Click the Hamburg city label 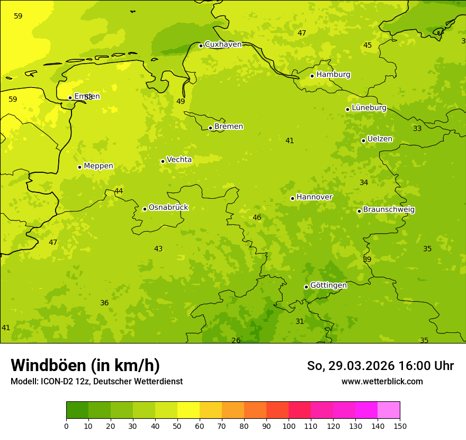333,75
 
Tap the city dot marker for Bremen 210,128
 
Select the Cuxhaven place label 223,45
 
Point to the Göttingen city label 328,286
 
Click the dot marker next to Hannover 292,198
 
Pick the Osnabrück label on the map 168,208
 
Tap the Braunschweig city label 389,210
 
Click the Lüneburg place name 369,108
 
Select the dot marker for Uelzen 363,140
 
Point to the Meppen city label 98,166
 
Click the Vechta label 179,160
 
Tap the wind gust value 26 236,340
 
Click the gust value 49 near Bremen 181,101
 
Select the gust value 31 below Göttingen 300,321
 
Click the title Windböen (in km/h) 85,365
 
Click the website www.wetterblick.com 382,382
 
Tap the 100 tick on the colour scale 289,426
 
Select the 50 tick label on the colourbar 177,426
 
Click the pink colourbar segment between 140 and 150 389,410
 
